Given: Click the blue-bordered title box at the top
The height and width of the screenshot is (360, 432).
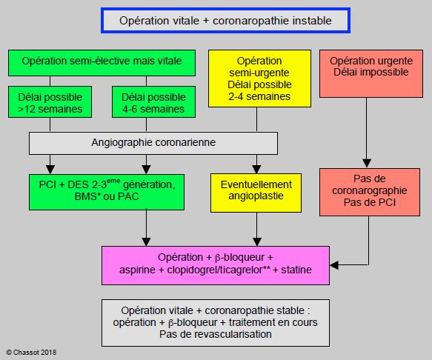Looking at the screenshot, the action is [x=226, y=21].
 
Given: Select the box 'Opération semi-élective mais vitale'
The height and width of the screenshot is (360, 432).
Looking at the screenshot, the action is [x=102, y=63].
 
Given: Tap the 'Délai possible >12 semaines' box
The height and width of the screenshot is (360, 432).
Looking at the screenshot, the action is [x=50, y=102].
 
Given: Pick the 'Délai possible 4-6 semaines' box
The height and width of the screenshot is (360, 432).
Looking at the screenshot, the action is [x=153, y=102].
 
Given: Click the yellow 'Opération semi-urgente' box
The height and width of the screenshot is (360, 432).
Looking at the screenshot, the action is [x=259, y=79].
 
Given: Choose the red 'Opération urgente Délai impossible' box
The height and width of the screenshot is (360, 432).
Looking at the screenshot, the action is [x=371, y=73].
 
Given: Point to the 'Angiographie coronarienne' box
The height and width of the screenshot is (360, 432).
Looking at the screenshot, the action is [x=153, y=143].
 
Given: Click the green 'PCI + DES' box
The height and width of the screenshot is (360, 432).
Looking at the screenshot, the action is [x=107, y=192].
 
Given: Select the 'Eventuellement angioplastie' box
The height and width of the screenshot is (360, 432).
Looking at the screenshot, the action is [x=256, y=193].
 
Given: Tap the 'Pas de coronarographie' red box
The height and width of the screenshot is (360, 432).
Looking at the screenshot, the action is [x=370, y=192].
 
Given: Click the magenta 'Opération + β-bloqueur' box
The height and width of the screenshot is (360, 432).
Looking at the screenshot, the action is [x=216, y=265].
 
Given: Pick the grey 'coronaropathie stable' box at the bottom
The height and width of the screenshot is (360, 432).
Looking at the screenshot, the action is [x=216, y=323].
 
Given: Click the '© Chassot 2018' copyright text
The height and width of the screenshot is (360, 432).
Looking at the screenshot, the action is [x=31, y=353].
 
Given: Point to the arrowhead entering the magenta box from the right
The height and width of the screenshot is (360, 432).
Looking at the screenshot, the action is [x=334, y=265].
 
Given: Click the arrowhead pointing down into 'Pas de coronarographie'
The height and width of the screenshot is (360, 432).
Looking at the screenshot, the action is [x=367, y=164].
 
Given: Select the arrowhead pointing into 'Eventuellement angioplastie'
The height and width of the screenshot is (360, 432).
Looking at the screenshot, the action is [x=257, y=169].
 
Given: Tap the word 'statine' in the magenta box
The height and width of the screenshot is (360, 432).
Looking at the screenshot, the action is [x=296, y=270].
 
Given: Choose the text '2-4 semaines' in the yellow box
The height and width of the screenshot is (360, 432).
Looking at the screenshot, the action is [x=259, y=96].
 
